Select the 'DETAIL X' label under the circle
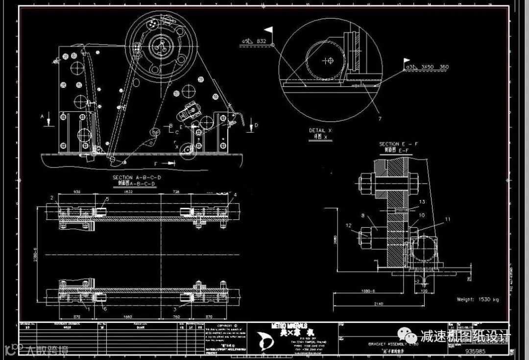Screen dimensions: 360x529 320,131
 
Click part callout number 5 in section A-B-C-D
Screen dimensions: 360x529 107,199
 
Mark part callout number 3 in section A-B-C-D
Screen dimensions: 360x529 175,310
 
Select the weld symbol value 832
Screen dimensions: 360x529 261,42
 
